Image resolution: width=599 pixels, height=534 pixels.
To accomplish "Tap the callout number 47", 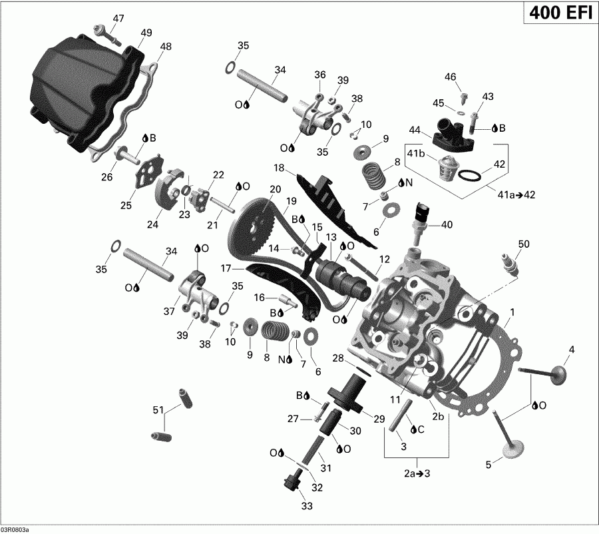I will coord(118,18).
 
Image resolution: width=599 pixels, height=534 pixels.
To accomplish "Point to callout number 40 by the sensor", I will coord(446,224).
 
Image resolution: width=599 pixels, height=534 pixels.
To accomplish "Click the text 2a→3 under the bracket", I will coord(417,473).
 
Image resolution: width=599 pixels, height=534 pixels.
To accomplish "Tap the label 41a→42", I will coord(516,194).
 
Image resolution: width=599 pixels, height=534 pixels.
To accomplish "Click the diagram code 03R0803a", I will coord(15,529).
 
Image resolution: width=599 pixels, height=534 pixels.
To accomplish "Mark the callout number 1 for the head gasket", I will coord(512,312).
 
